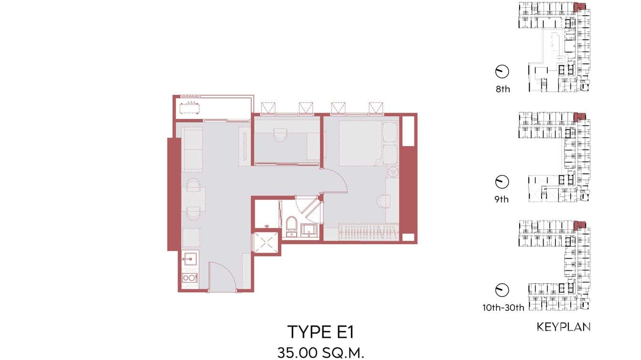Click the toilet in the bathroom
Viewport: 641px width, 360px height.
click(x=290, y=226)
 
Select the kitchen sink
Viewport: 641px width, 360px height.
click(x=188, y=261)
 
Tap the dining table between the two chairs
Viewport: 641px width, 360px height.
click(x=193, y=199)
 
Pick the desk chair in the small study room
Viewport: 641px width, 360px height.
click(x=279, y=135)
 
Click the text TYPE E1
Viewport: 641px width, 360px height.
click(x=320, y=331)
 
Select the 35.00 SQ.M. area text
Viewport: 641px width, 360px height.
click(x=320, y=353)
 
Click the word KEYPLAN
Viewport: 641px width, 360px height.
click(x=564, y=327)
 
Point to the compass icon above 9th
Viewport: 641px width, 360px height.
click(x=502, y=182)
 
